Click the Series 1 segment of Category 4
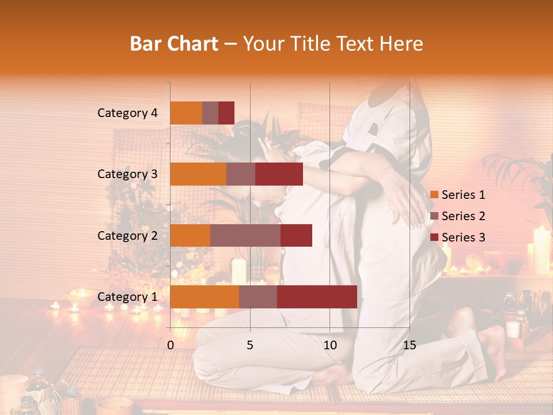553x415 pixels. click(186, 113)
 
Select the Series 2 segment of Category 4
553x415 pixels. click(210, 113)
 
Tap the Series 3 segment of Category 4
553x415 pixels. click(226, 113)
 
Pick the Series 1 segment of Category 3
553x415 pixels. click(198, 174)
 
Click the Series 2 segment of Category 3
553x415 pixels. click(241, 174)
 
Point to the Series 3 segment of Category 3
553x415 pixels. click(279, 174)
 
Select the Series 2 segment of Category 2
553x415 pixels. click(245, 235)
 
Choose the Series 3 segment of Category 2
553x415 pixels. click(296, 235)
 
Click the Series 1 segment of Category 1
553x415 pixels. click(204, 297)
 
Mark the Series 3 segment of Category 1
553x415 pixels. click(317, 297)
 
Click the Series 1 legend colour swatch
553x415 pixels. click(434, 195)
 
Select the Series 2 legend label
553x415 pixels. click(463, 216)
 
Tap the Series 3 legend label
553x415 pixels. click(463, 237)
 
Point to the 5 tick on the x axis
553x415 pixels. click(250, 345)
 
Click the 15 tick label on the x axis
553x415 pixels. click(409, 345)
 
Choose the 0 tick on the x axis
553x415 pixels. click(171, 345)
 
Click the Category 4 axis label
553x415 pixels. click(127, 113)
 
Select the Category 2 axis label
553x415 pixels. click(127, 235)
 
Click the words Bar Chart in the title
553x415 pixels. click(174, 44)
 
